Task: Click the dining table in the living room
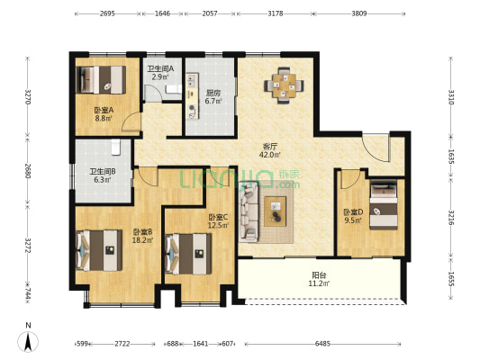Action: click(x=284, y=85)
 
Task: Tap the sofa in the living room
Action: click(x=249, y=211)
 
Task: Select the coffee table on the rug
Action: click(x=276, y=211)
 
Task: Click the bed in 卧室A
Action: click(x=101, y=79)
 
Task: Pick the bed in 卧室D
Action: click(x=384, y=206)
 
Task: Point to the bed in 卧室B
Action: click(x=98, y=250)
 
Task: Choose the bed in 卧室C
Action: click(x=188, y=254)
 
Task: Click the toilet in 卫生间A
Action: click(x=174, y=89)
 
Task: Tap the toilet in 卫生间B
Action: click(x=115, y=147)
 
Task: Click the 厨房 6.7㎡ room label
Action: click(x=213, y=96)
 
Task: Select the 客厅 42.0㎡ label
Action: click(x=269, y=150)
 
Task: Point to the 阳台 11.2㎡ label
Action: click(x=319, y=279)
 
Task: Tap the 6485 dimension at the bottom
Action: click(x=322, y=344)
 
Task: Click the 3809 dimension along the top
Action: click(x=359, y=13)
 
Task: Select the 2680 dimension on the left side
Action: click(x=28, y=171)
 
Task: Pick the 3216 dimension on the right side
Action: click(x=451, y=218)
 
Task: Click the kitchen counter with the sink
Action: click(x=193, y=95)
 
